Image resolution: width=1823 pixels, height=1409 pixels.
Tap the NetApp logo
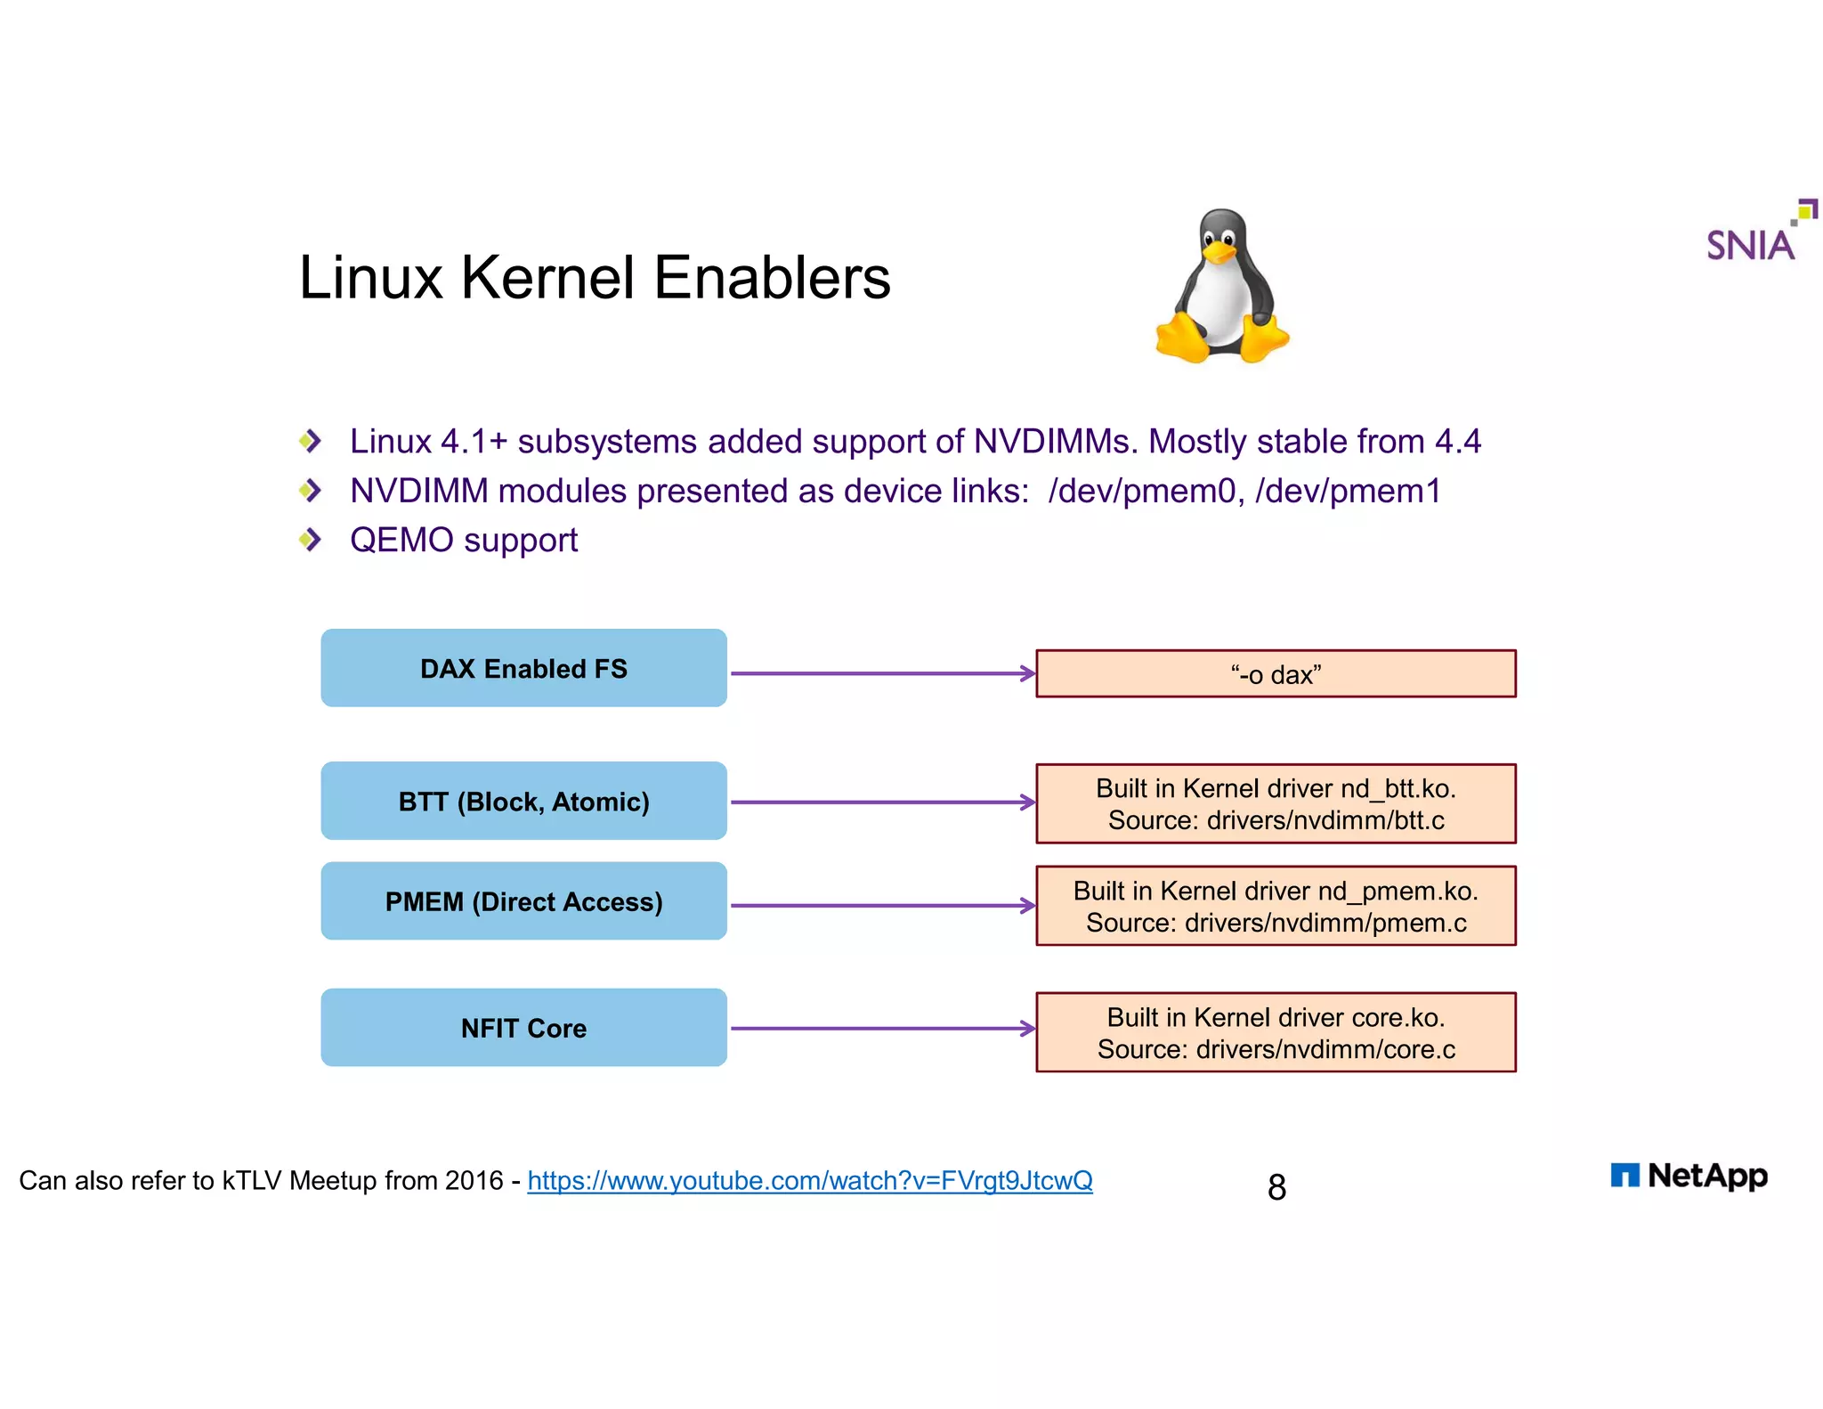pos(1689,1176)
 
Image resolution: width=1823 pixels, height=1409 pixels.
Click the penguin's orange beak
pos(1219,253)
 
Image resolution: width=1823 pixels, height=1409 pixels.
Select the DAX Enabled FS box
pos(523,668)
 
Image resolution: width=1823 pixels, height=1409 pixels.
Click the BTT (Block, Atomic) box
pos(523,801)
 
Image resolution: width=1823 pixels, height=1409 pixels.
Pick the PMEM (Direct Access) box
pos(523,901)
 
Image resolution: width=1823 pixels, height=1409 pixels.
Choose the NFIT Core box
pos(523,1028)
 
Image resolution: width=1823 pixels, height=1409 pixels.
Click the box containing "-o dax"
pos(1275,674)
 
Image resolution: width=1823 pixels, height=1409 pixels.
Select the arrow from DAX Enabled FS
pos(881,673)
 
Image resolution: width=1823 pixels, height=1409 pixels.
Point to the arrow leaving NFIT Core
pos(881,1029)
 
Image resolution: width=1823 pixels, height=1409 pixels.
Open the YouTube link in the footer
pos(809,1181)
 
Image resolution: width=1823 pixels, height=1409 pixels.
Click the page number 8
pos(1276,1187)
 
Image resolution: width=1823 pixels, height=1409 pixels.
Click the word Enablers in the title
pos(772,278)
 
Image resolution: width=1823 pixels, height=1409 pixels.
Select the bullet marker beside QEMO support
pos(310,539)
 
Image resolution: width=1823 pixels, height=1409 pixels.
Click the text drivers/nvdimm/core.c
pos(1325,1049)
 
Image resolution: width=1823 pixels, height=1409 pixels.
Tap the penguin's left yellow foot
pos(1182,339)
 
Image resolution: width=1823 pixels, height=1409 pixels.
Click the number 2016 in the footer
pos(474,1181)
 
